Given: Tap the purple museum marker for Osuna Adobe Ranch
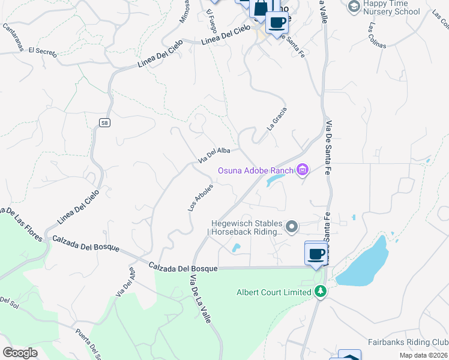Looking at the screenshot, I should click(302, 170).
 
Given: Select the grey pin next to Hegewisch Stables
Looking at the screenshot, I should click(292, 226).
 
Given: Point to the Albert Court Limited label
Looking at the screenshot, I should click(273, 292).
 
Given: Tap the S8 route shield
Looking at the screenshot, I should click(104, 123).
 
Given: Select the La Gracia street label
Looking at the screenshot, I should click(277, 119).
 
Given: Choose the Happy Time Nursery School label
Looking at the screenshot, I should click(393, 7).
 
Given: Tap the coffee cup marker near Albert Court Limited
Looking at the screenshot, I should click(316, 253).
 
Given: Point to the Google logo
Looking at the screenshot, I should click(20, 353).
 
